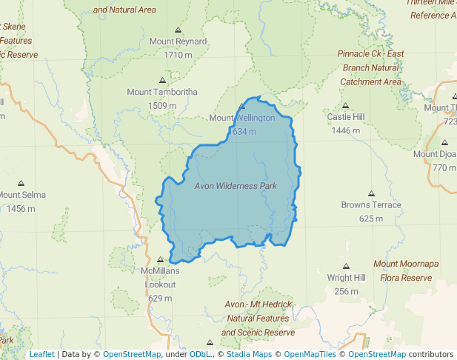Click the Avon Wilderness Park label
coord(236,186)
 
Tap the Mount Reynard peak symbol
coord(178,30)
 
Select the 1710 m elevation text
coord(178,55)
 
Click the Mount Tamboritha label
coord(162,93)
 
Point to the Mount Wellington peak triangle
coord(242,107)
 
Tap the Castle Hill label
coord(346,117)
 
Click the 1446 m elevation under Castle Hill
coord(346,130)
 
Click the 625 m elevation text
coord(371,219)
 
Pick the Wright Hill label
coord(346,278)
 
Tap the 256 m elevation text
coord(346,291)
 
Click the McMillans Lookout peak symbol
coord(161,259)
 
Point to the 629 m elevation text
coord(161,298)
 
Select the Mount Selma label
coord(22,195)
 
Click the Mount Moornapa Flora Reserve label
coord(406,270)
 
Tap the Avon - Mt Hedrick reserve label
coord(258,319)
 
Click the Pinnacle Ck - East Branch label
coord(370,67)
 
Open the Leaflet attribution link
coord(41,354)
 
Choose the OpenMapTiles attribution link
coord(307,354)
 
